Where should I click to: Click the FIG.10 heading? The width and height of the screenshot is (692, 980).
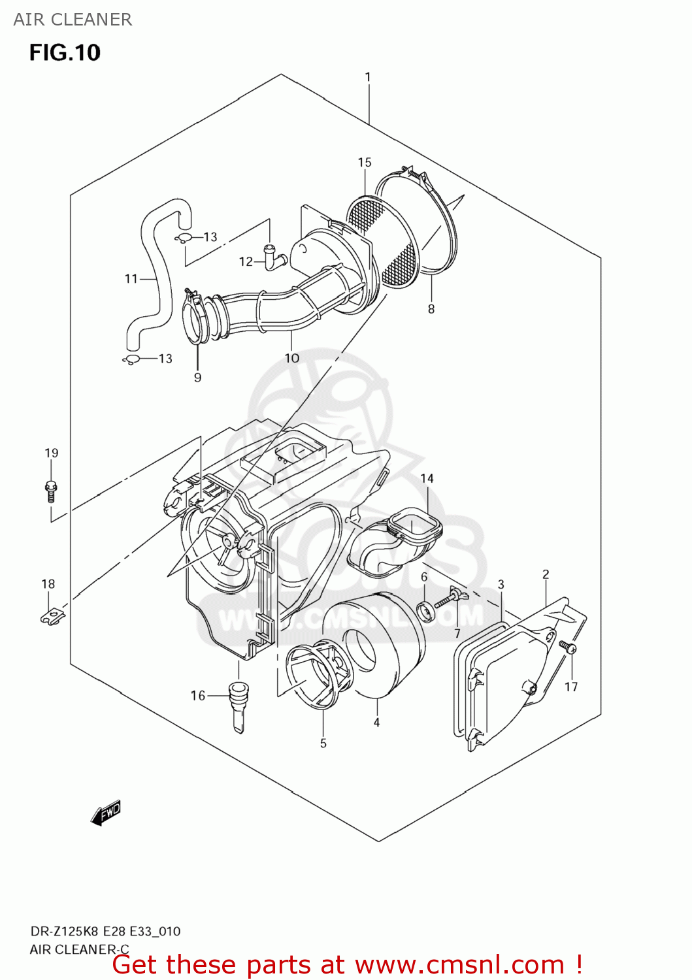click(x=65, y=52)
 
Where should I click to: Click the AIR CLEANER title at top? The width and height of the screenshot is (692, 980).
click(x=73, y=20)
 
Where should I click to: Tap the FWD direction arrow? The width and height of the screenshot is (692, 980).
click(x=106, y=813)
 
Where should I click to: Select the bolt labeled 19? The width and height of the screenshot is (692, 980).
click(x=51, y=490)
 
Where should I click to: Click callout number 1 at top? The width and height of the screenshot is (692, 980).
click(x=368, y=77)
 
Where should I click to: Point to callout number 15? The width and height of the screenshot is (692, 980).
click(x=365, y=162)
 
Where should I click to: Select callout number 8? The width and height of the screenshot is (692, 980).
click(x=431, y=308)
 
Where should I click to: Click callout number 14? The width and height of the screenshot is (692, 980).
click(x=427, y=478)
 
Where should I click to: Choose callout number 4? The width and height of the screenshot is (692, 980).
click(x=376, y=722)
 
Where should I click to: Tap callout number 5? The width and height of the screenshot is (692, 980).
click(x=323, y=743)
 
